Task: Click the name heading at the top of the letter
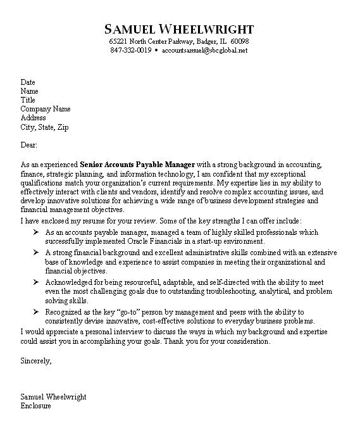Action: tap(179, 29)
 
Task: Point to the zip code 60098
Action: tap(239, 41)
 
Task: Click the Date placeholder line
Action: tap(28, 82)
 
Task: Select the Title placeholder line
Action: tap(28, 100)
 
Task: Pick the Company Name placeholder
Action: tap(45, 109)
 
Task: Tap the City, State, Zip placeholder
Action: tap(44, 127)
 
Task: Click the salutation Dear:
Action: tap(29, 145)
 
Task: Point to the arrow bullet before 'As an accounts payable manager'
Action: tap(37, 233)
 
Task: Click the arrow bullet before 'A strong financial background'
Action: tap(37, 252)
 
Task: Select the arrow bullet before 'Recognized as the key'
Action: tap(37, 312)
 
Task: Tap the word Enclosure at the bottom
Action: tap(35, 406)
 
